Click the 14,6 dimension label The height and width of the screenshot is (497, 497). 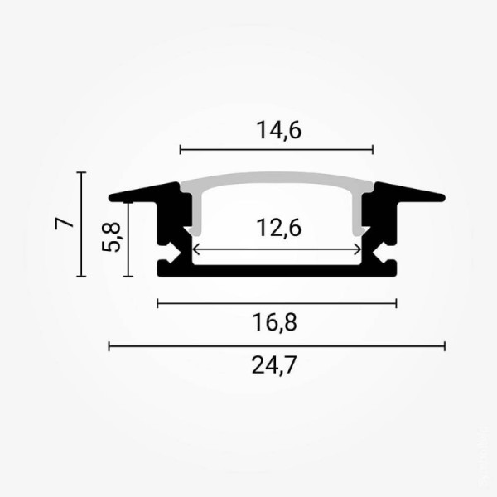point(277,131)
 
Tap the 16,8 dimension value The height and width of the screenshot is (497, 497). point(277,323)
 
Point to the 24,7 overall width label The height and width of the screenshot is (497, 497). point(277,365)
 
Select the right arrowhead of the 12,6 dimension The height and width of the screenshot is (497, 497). point(358,249)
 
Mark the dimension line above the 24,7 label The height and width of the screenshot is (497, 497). point(277,345)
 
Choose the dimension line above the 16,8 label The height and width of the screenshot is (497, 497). point(277,303)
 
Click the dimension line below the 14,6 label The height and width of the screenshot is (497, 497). point(277,150)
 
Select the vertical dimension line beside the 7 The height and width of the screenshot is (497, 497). point(81,224)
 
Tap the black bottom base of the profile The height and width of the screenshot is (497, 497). point(277,270)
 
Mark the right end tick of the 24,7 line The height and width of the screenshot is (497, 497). point(445,345)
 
